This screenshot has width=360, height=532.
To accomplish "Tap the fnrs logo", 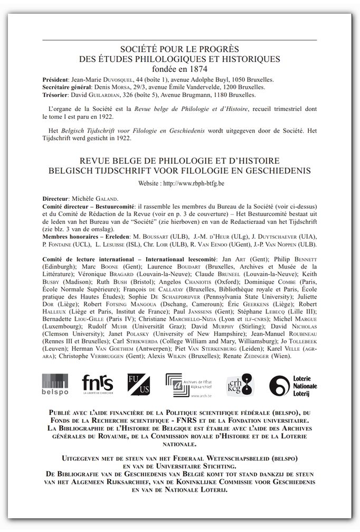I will pyautogui.click(x=98, y=384).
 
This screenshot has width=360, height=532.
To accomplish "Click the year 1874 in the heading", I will pyautogui.click(x=198, y=68).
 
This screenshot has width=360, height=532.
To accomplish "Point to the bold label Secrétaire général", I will pyautogui.click(x=67, y=87).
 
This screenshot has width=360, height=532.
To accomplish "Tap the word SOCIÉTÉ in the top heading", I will pyautogui.click(x=139, y=50).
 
